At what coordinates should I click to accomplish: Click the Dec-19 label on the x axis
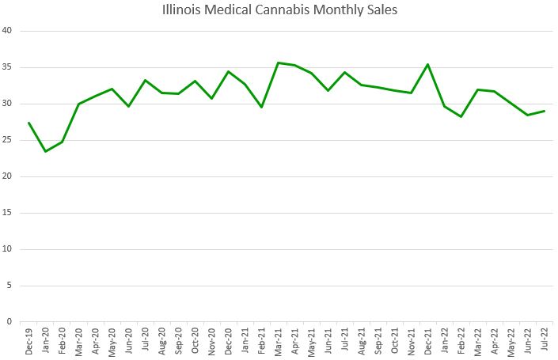point(29,340)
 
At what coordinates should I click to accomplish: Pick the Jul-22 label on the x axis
point(545,340)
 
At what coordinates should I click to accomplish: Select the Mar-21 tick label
point(279,340)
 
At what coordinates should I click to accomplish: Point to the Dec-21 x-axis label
point(428,340)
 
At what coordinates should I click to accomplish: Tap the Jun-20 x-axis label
point(129,340)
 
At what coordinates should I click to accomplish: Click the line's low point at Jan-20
point(45,151)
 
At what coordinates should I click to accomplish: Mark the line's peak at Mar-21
point(278,63)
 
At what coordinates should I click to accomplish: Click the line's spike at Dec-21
point(427,64)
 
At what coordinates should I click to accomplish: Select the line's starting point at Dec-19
point(28,123)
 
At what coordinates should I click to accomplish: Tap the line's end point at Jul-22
point(545,111)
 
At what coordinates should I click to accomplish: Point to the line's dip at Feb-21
point(261,107)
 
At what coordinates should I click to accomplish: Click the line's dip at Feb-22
point(461,116)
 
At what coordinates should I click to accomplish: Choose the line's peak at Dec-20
point(228,71)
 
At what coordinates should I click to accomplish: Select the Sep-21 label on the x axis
point(378,340)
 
